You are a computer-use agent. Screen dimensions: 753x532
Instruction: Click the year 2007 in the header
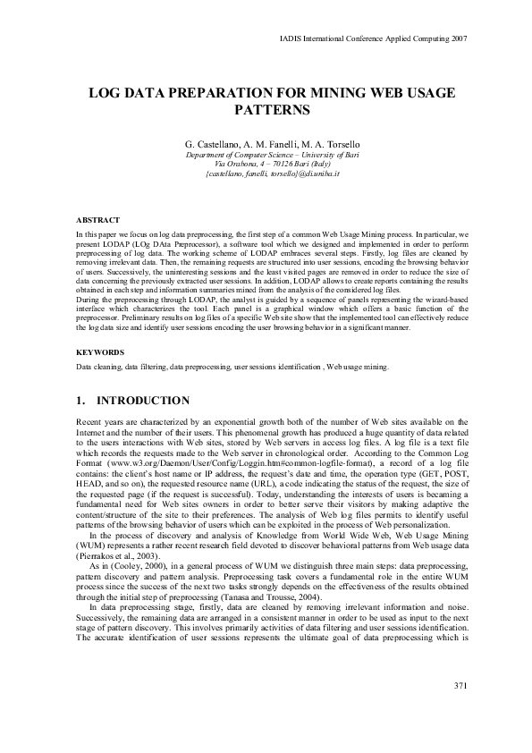(x=458, y=39)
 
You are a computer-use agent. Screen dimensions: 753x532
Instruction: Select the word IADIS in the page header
(x=291, y=39)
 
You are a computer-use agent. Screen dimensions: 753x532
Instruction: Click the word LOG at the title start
(x=103, y=93)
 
